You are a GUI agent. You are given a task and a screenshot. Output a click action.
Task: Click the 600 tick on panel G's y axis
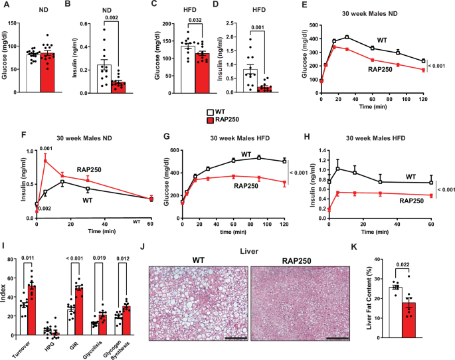coord(173,150)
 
